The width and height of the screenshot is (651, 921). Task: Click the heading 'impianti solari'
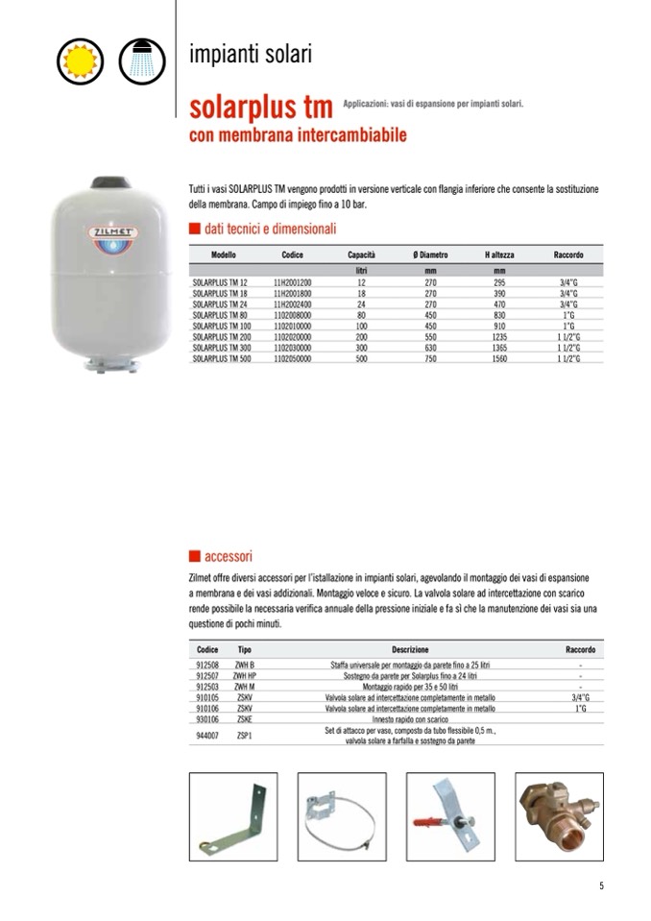click(251, 55)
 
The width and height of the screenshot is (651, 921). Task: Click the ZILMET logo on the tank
click(113, 233)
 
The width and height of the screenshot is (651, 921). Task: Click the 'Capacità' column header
click(361, 255)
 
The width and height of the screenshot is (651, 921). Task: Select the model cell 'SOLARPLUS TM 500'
click(220, 358)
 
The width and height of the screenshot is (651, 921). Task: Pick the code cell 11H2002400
click(293, 303)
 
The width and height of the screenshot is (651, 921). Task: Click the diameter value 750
click(430, 358)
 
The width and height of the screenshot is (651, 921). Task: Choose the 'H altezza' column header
click(499, 255)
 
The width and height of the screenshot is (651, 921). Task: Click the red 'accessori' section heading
click(228, 557)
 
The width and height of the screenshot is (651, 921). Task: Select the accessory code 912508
click(207, 665)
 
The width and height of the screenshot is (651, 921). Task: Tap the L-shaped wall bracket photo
click(232, 816)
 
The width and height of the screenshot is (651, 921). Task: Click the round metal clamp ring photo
click(342, 816)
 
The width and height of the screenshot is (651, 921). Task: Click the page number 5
click(601, 886)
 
